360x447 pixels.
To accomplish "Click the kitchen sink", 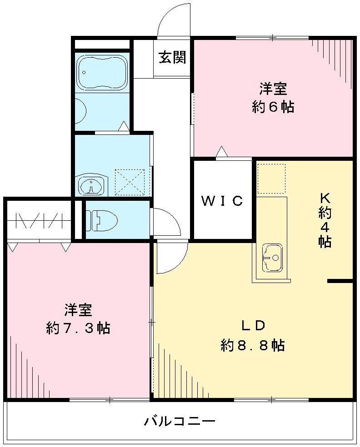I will pyautogui.click(x=273, y=258).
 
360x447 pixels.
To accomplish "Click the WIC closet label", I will pyautogui.click(x=222, y=201).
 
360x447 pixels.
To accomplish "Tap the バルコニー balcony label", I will pyautogui.click(x=180, y=421).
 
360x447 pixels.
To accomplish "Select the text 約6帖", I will pyautogui.click(x=273, y=107).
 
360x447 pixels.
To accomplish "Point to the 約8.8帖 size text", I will pyautogui.click(x=253, y=345).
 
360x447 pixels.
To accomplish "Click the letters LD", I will pyautogui.click(x=253, y=325).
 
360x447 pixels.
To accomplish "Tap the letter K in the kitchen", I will pyautogui.click(x=324, y=198).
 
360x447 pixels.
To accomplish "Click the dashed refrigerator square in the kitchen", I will pyautogui.click(x=271, y=179).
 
